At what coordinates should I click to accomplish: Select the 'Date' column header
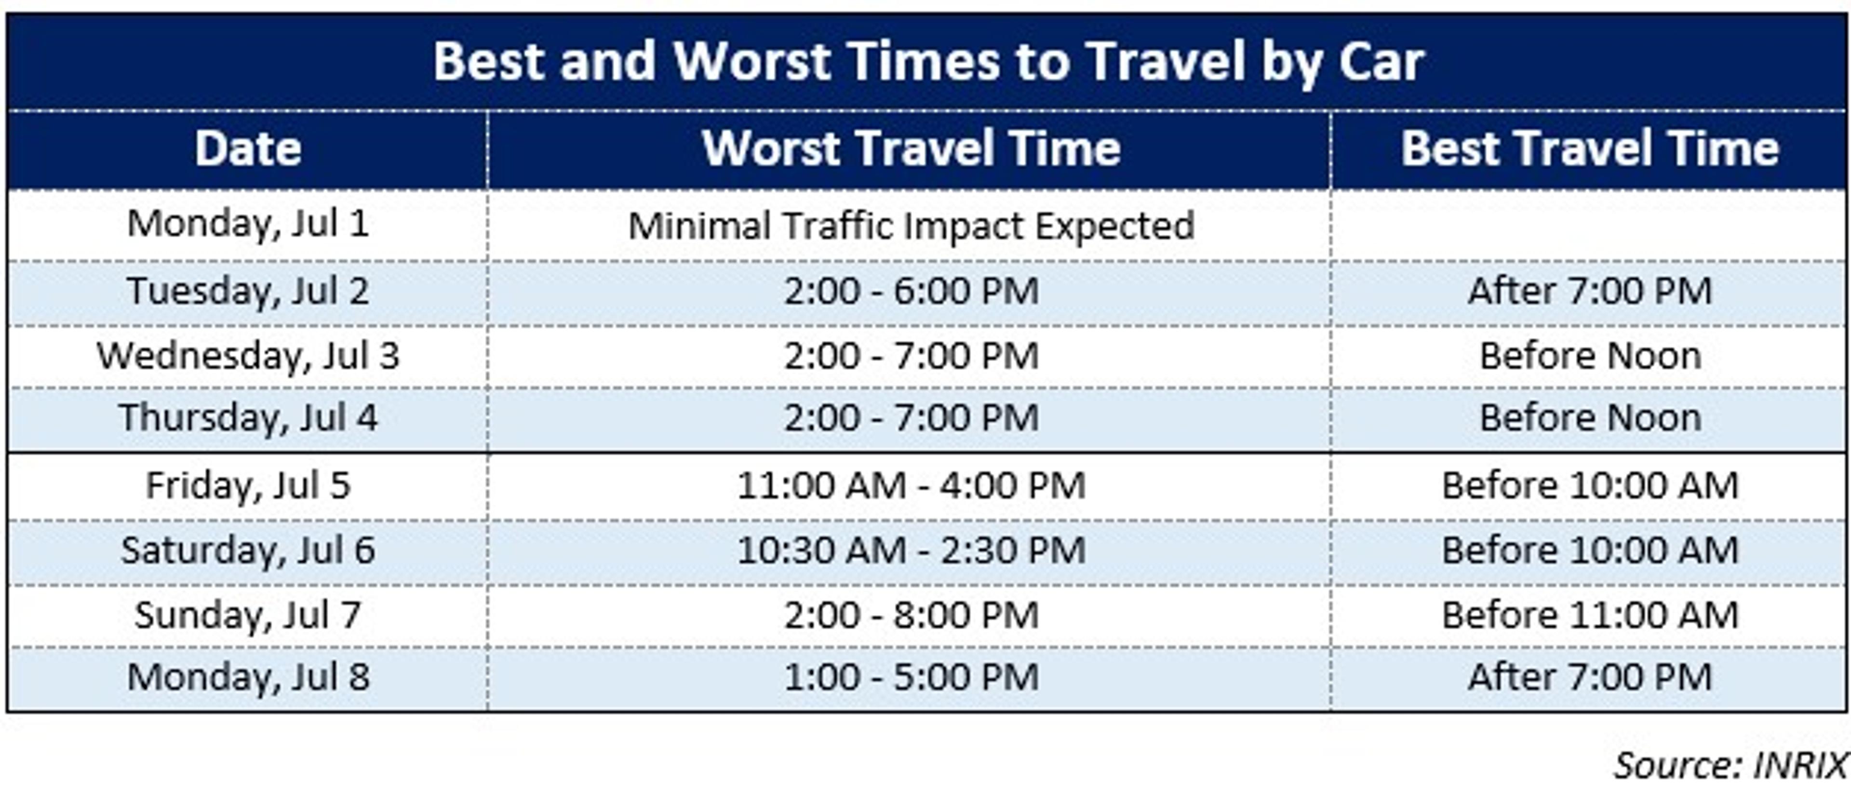coord(248,149)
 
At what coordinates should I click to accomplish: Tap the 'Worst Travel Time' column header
coord(911,149)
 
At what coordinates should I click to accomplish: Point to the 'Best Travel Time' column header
coord(1589,149)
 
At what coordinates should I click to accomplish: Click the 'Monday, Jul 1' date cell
coord(248,224)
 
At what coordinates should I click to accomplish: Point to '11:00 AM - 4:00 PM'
coord(911,486)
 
